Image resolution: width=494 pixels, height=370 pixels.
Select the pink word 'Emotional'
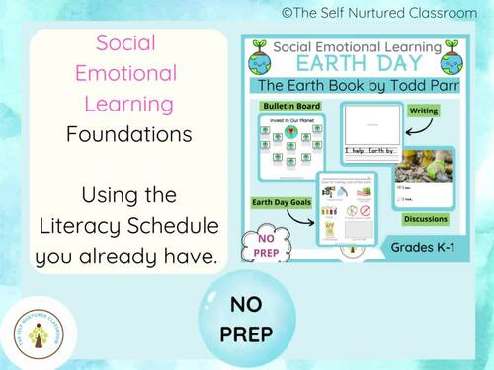123,73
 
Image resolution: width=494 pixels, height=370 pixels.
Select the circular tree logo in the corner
37,332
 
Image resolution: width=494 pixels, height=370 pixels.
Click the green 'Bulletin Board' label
283,107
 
